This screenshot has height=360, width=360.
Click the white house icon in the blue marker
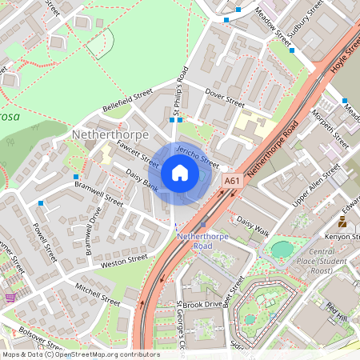[x=180, y=173]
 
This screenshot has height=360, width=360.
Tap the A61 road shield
[x=232, y=181]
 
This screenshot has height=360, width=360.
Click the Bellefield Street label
[x=126, y=101]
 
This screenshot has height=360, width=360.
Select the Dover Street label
[x=224, y=102]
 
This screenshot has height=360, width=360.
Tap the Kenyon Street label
[x=342, y=238]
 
